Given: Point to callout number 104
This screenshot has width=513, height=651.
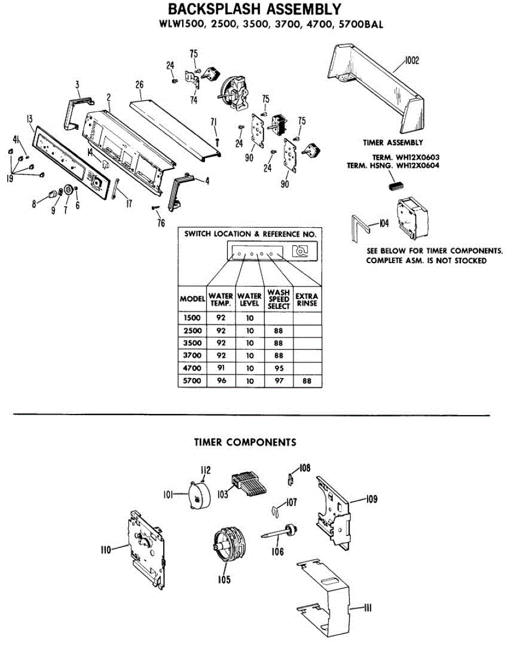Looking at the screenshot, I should [x=384, y=222].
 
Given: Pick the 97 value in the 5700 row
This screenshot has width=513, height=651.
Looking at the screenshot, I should [x=279, y=382].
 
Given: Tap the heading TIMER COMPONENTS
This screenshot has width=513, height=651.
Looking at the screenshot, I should [x=245, y=442].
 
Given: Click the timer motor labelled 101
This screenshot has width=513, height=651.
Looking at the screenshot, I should [x=198, y=495].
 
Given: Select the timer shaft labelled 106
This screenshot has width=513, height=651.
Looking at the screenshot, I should [x=281, y=533].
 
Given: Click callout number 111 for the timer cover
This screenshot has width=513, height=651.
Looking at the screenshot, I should [x=367, y=609].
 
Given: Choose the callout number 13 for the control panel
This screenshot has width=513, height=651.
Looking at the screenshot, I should [x=29, y=120].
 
